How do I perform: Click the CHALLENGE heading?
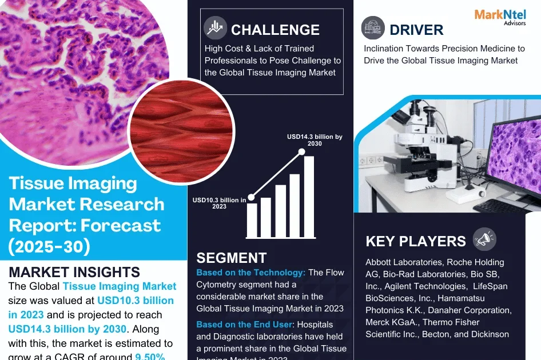[275, 29]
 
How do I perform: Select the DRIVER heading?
[416, 29]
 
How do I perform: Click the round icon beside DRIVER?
[373, 27]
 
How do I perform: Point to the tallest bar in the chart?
[309, 197]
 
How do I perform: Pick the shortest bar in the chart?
[252, 220]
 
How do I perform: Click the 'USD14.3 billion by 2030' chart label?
[315, 140]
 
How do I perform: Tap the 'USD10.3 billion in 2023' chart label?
[219, 203]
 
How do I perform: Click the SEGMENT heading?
[231, 258]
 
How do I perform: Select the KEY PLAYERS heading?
[416, 241]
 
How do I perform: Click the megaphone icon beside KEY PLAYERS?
[485, 239]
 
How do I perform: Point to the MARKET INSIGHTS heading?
[74, 271]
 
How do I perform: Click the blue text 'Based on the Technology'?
[250, 273]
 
